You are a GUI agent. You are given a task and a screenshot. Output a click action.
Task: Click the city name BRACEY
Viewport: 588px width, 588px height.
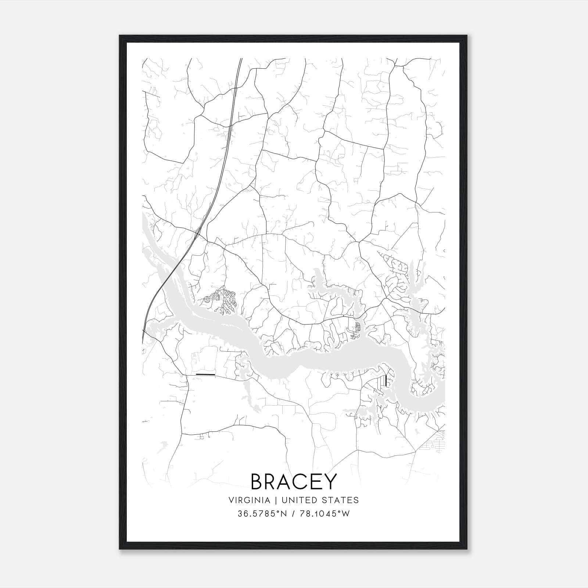(x=294, y=481)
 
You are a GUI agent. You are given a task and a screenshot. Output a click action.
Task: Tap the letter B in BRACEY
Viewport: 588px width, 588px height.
(x=258, y=481)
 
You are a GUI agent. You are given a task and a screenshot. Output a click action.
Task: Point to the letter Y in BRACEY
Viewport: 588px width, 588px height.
(x=330, y=481)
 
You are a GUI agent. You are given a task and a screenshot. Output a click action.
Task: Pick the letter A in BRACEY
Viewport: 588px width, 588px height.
(x=279, y=481)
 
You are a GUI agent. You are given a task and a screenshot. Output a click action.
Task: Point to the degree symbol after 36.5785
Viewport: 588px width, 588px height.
(x=277, y=512)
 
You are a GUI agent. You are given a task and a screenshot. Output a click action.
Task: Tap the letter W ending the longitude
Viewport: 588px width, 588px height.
(x=345, y=513)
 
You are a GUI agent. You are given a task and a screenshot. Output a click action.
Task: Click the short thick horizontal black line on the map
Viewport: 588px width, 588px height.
(x=205, y=374)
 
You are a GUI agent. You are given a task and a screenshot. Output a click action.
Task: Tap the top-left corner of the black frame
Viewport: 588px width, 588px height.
(x=120, y=36)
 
